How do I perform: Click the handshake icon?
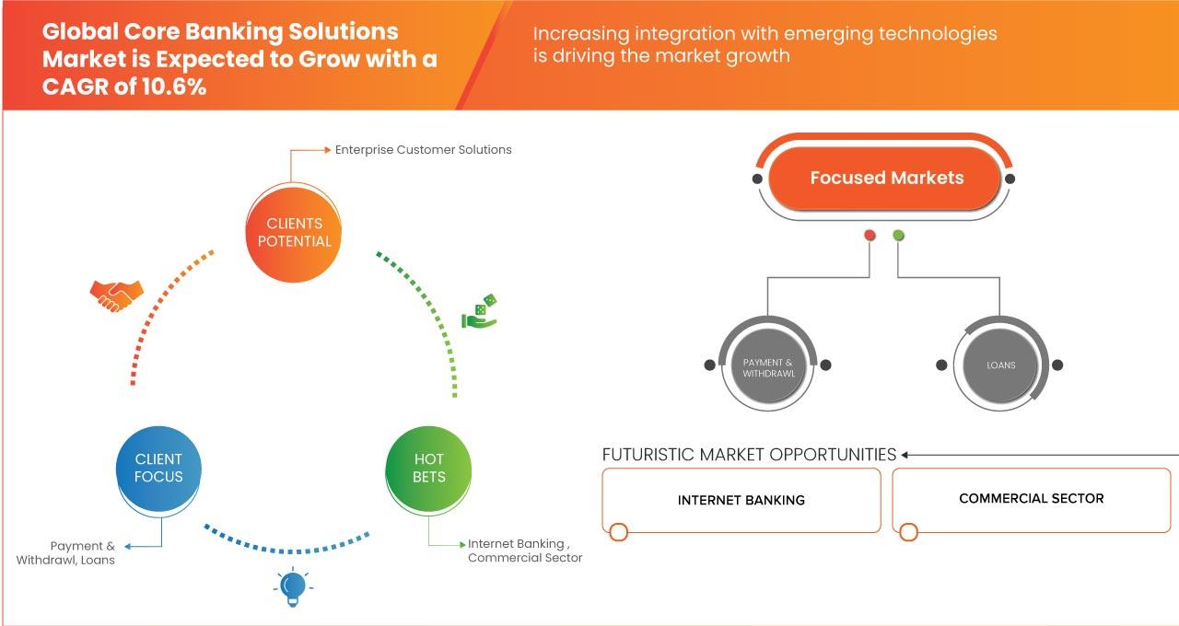(116, 295)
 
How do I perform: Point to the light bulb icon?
(292, 586)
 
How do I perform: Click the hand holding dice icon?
(479, 312)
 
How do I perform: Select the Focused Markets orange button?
(885, 179)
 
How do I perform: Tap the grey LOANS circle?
(1000, 365)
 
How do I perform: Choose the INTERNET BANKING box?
(741, 500)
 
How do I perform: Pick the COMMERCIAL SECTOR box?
(1031, 498)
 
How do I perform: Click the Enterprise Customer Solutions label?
(423, 149)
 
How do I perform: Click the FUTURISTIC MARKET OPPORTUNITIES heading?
(749, 455)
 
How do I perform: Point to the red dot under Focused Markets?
(870, 236)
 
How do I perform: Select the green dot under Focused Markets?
(898, 236)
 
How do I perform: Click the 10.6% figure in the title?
(173, 88)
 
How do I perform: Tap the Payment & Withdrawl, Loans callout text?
(66, 552)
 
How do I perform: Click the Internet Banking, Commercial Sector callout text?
(525, 551)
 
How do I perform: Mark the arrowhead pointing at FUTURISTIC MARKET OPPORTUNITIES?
(905, 455)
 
